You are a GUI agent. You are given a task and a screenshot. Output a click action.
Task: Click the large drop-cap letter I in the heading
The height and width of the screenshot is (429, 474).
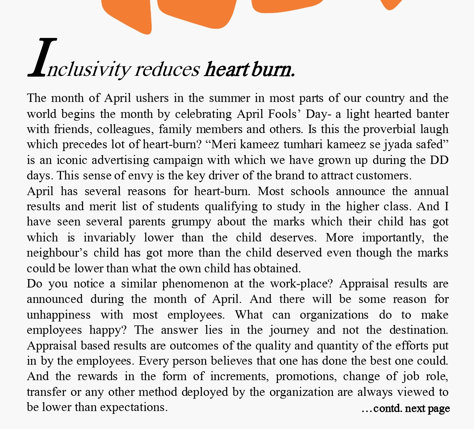pyautogui.click(x=42, y=58)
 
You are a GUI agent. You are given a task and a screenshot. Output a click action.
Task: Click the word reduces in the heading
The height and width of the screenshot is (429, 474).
pyautogui.click(x=167, y=70)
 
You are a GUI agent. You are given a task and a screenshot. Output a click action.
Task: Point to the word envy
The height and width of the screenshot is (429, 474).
pyautogui.click(x=140, y=176)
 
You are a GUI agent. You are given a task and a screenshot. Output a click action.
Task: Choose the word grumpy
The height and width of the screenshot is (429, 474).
pyautogui.click(x=191, y=222)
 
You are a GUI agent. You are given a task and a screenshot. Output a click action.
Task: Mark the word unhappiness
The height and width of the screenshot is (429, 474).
pyautogui.click(x=59, y=315)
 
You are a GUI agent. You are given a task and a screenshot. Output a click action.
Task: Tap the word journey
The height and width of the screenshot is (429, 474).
pyautogui.click(x=289, y=330)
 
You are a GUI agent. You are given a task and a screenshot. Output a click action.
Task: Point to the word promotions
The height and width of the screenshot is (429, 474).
pyautogui.click(x=306, y=376)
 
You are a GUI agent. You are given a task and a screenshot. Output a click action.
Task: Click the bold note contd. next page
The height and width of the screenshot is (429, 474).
pyautogui.click(x=406, y=408)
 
